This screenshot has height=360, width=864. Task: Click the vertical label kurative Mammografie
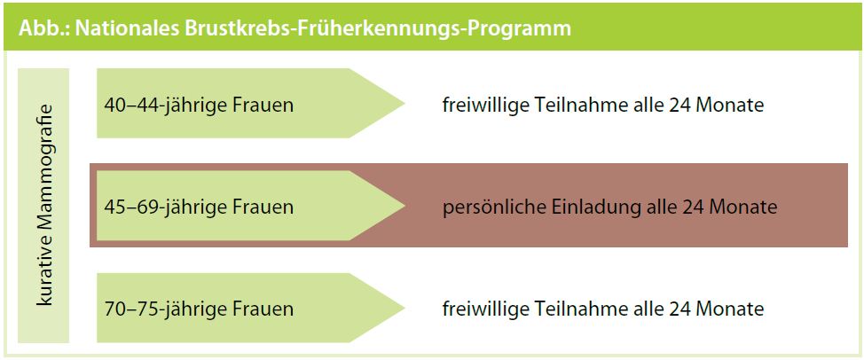pyautogui.click(x=44, y=205)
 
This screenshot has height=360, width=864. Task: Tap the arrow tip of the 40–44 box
pyautogui.click(x=405, y=103)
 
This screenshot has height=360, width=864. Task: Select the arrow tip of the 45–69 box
pyautogui.click(x=405, y=206)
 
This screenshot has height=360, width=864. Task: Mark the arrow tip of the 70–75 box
pyautogui.click(x=405, y=308)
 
